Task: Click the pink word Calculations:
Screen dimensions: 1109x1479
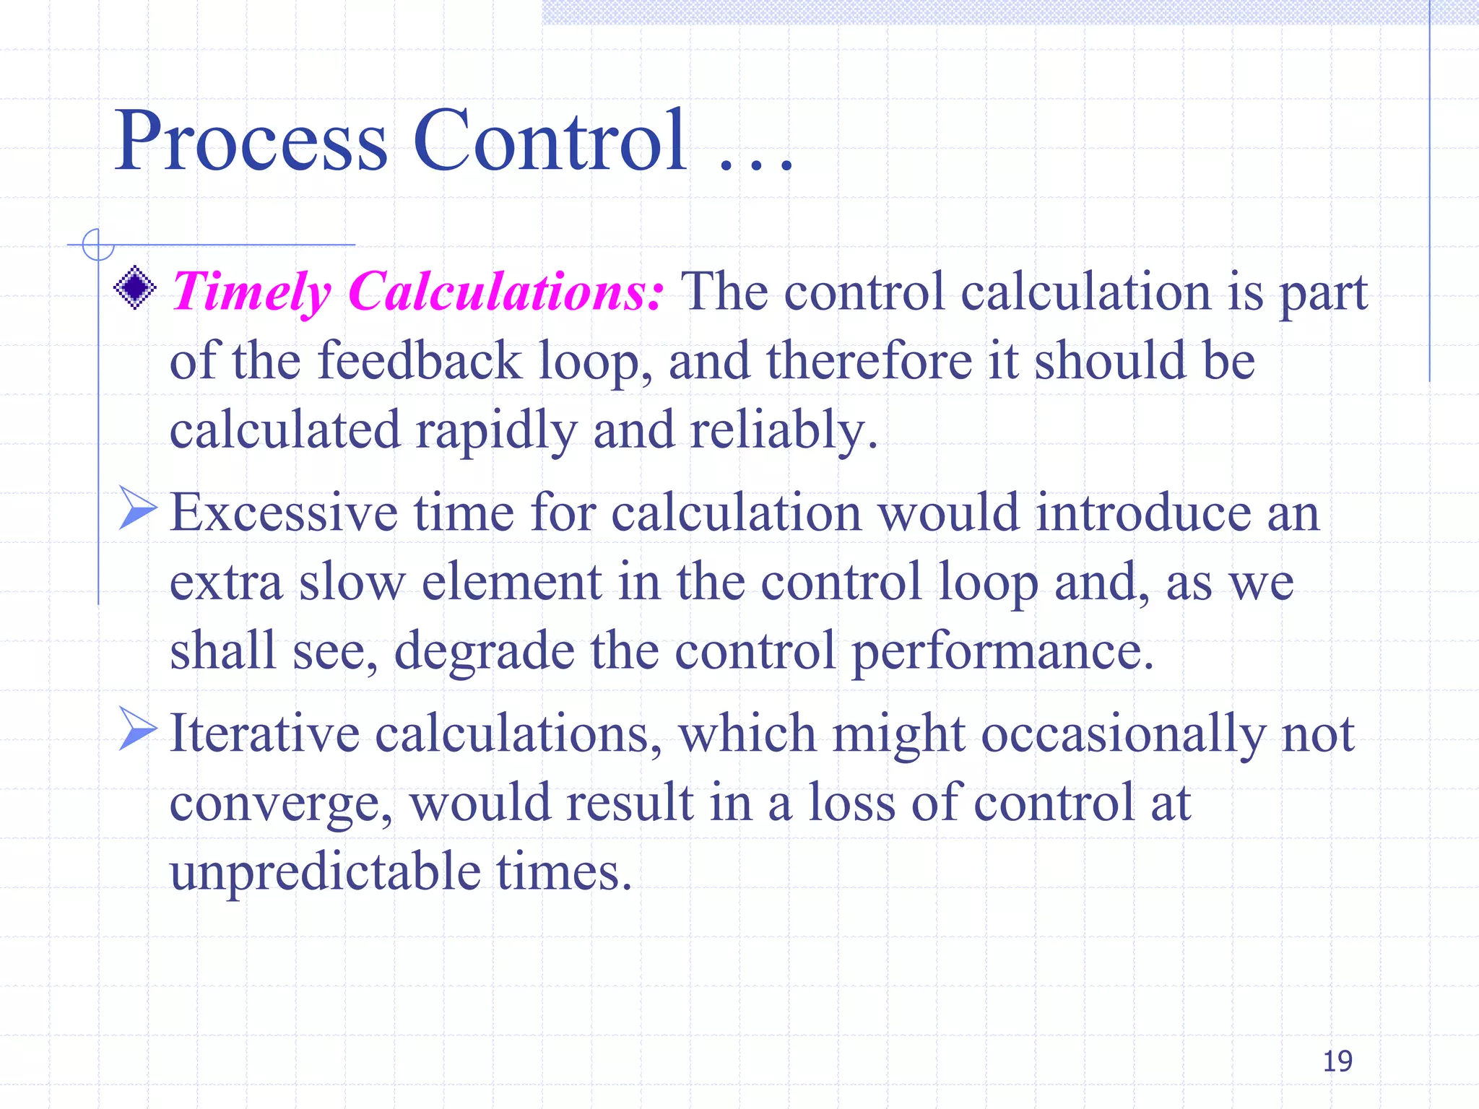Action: tap(505, 292)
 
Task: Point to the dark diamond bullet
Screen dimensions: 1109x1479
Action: tap(135, 288)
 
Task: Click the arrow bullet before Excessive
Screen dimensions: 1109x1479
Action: tap(137, 508)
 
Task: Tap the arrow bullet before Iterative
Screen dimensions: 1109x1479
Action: tap(137, 729)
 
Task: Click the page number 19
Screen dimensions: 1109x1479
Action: tap(1337, 1061)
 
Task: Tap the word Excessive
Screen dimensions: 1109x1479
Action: tap(283, 513)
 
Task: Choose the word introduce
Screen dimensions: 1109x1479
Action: tap(1142, 513)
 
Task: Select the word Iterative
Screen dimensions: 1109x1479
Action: tap(264, 734)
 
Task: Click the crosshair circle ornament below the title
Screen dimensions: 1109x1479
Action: tap(98, 245)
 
